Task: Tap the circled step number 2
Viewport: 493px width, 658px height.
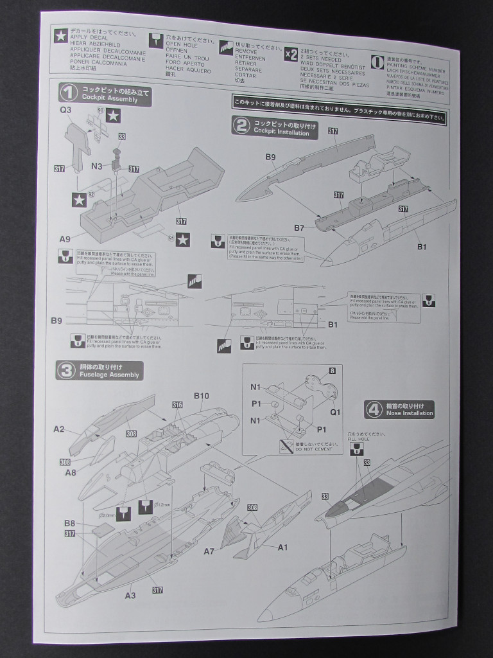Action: pos(241,125)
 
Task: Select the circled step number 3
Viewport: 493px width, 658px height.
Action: pos(66,371)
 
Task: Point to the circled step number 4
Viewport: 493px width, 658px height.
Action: pos(374,409)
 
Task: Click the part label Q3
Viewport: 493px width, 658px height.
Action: pos(65,110)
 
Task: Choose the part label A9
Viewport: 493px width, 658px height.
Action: pos(65,239)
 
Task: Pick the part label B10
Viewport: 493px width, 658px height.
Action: pos(202,396)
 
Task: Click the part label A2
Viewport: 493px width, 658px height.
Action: pos(59,429)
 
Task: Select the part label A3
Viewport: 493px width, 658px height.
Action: pos(130,596)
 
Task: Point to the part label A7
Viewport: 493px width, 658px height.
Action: pos(209,551)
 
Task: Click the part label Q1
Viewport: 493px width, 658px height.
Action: pos(335,412)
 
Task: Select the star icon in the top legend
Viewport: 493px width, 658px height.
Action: pos(60,37)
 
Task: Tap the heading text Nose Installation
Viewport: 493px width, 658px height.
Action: pos(410,413)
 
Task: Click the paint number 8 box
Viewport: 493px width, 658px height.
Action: pos(332,371)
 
